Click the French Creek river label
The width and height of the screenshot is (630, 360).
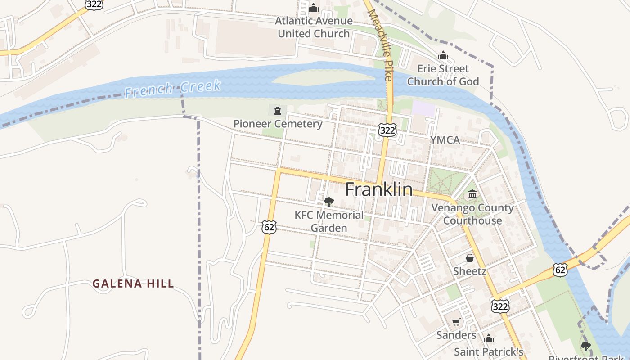(x=173, y=88)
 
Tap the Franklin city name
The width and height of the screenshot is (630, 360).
(x=379, y=189)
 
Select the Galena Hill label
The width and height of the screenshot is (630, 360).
(x=133, y=283)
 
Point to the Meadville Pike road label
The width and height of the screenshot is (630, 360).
(x=381, y=45)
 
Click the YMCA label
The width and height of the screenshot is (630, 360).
(x=445, y=140)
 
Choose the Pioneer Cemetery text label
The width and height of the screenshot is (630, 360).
(x=278, y=124)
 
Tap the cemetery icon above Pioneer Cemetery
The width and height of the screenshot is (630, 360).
(x=277, y=111)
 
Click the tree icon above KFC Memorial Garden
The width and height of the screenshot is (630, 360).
(x=329, y=202)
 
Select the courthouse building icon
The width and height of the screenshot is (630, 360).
(x=472, y=194)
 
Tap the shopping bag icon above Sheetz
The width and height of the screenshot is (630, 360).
(x=469, y=258)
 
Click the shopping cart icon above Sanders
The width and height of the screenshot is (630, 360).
(x=456, y=322)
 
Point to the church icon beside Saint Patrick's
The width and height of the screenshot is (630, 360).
(x=489, y=339)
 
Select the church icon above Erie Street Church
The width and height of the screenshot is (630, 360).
(x=443, y=56)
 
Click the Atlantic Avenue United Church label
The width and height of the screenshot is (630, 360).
(x=314, y=27)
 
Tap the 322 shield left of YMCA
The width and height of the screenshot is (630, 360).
(x=387, y=130)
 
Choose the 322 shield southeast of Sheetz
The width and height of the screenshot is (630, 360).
(x=500, y=306)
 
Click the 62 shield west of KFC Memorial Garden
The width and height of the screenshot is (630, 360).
(x=269, y=227)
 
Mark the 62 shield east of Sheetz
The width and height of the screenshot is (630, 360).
(x=560, y=270)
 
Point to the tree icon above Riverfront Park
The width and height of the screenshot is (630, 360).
(x=585, y=346)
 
